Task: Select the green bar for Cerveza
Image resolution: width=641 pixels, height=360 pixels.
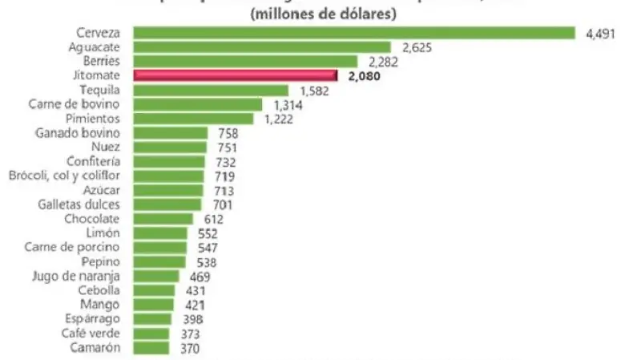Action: pyautogui.click(x=354, y=33)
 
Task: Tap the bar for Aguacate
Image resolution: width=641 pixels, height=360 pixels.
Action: pyautogui.click(x=262, y=47)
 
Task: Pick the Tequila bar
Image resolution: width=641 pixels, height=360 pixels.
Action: pyautogui.click(x=211, y=91)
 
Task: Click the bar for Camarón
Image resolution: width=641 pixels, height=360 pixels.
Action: pyautogui.click(x=151, y=348)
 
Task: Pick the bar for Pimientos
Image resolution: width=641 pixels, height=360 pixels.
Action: pyautogui.click(x=193, y=119)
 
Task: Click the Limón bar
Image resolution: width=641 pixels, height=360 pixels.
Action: pyautogui.click(x=160, y=233)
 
